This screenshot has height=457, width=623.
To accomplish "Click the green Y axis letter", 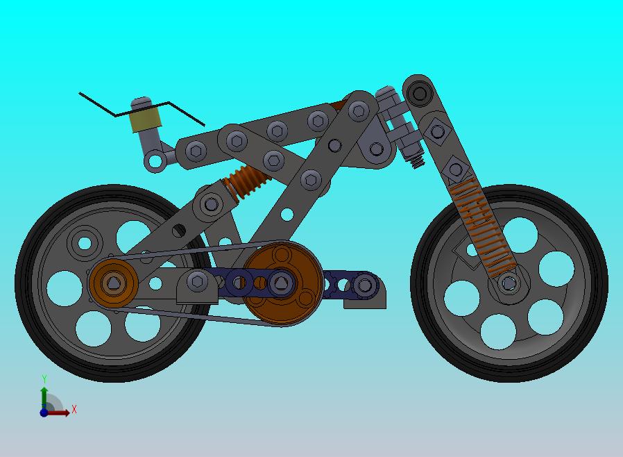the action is (44, 379).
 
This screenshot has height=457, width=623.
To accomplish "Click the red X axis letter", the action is (74, 409).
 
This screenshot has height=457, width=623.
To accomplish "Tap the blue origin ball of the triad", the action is (44, 413).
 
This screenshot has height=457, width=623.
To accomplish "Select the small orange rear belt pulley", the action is (114, 283).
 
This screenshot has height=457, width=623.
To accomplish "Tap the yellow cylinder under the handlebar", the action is (146, 119).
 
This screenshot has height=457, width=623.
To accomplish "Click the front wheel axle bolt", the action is (509, 283).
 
